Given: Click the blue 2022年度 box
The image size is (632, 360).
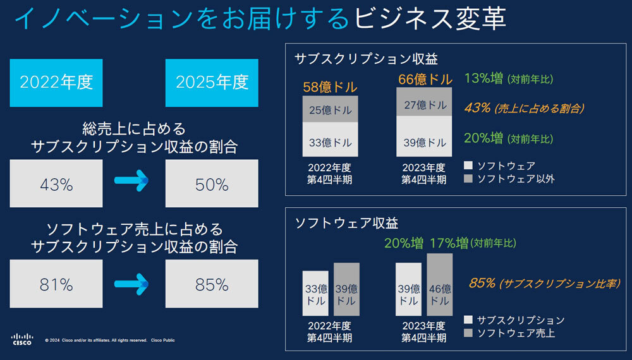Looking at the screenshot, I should [x=56, y=82].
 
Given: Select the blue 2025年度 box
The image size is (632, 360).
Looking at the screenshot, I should [x=212, y=82].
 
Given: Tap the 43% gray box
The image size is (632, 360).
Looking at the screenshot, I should [x=56, y=183].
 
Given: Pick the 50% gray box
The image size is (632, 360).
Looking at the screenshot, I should [x=212, y=183].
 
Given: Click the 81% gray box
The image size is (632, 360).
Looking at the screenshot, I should [x=56, y=284].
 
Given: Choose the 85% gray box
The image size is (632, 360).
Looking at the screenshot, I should [x=212, y=284].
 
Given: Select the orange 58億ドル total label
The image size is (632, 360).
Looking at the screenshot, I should [x=330, y=87].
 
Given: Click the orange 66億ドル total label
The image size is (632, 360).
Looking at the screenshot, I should [x=425, y=80].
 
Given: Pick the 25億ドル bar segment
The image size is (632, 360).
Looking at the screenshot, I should [x=330, y=109].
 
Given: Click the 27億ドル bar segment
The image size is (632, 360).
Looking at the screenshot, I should [x=425, y=104].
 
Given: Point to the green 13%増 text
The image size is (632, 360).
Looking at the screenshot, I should [x=484, y=79].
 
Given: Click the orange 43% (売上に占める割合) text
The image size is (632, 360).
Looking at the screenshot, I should [x=524, y=108].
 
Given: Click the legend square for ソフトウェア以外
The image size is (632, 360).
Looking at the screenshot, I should [x=468, y=179].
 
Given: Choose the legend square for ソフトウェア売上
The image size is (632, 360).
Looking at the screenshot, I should [x=468, y=332].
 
